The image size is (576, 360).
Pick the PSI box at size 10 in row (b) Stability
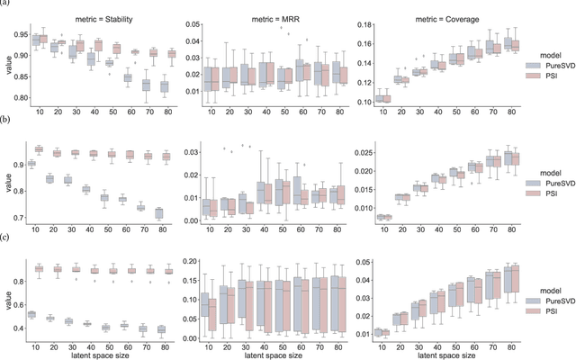click(39, 148)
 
